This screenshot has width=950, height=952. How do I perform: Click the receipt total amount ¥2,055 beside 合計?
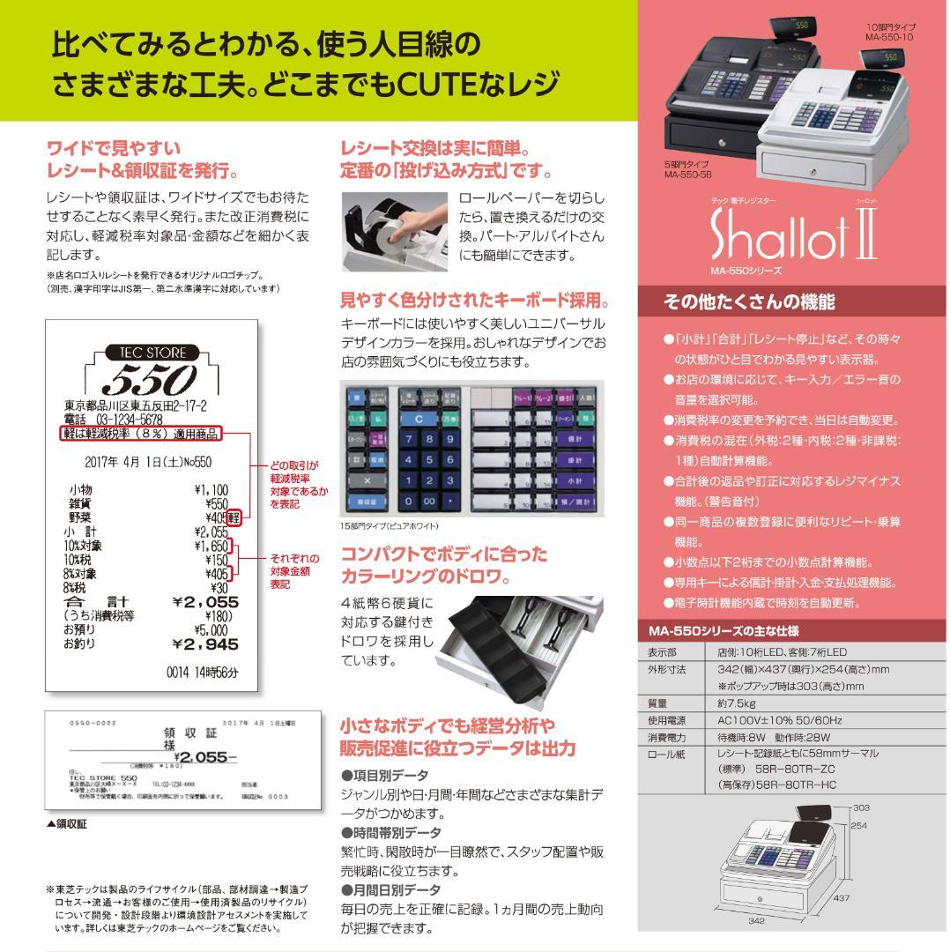click(x=205, y=601)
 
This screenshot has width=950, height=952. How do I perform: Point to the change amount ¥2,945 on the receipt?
click(x=205, y=644)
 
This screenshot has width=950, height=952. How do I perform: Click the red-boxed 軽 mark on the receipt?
click(x=235, y=517)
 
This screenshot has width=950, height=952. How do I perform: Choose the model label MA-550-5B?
click(x=689, y=175)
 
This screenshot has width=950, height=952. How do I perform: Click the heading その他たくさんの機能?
click(x=748, y=302)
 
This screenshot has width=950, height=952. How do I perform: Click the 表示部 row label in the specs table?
click(x=662, y=652)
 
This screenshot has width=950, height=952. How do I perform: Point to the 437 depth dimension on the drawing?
click(x=840, y=897)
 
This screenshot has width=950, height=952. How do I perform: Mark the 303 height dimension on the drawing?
click(x=861, y=807)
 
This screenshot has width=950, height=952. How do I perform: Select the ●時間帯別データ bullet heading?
click(x=391, y=832)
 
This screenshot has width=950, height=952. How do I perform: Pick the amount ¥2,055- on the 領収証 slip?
click(x=205, y=755)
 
